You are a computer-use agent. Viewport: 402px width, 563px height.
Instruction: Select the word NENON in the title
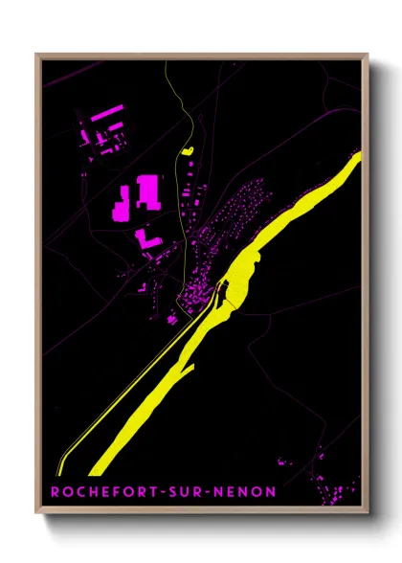point(245,492)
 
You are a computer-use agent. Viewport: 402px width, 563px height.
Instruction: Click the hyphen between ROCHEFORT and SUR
point(165,492)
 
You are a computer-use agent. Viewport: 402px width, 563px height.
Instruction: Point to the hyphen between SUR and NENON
point(212,492)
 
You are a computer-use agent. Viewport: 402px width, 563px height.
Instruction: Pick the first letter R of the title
point(56,492)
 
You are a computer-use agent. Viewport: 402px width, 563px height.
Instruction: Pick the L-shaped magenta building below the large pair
point(146,237)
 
